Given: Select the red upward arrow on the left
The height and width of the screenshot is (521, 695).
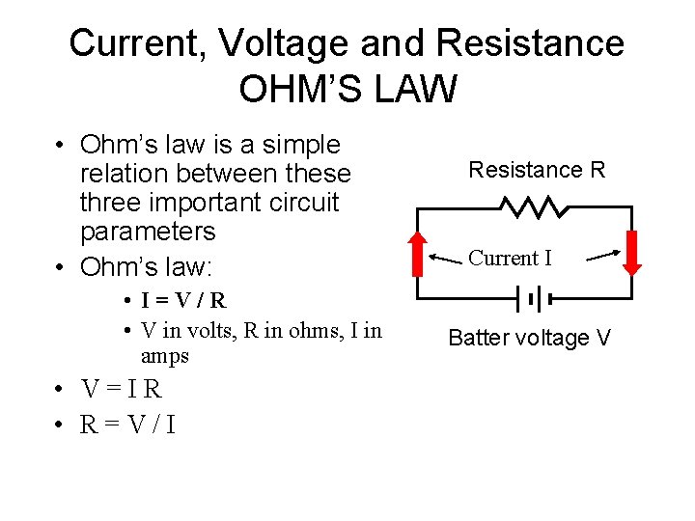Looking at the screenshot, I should coord(417,253).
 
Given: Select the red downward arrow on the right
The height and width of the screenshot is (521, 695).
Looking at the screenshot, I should coord(633,253).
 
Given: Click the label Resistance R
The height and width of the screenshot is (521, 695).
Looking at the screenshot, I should coord(537,171).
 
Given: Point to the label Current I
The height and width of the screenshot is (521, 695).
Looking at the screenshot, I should coord(510,259).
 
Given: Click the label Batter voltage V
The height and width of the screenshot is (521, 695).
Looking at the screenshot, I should coord(529,338).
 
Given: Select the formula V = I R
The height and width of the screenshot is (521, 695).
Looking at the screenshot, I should coord(123,390).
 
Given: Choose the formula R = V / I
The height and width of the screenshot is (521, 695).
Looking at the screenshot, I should coord(128,424).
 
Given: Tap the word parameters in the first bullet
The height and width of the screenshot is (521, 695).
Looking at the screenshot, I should coord(148,232).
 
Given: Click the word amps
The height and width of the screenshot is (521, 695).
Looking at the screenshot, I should coord(164,356).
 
